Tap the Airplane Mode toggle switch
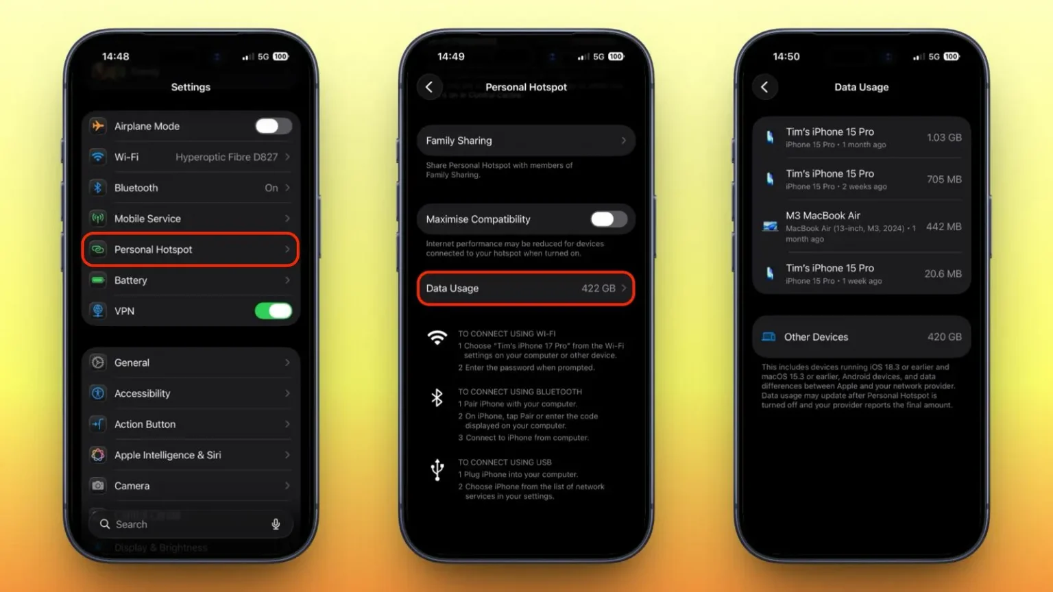(274, 126)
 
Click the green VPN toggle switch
(274, 311)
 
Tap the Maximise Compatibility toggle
(609, 219)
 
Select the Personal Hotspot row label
(154, 249)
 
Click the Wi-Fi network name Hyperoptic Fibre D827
(227, 157)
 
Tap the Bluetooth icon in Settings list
(98, 188)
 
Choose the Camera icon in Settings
(98, 485)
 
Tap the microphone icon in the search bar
(276, 524)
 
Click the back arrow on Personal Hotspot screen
(429, 87)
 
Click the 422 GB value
(598, 288)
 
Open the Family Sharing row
(526, 140)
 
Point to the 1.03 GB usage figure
(944, 138)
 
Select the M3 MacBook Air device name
(823, 216)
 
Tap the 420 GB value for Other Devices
(945, 337)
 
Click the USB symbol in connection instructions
(437, 470)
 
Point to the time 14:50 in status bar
(786, 56)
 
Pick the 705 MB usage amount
(944, 180)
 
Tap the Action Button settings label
(145, 424)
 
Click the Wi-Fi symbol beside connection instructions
(437, 337)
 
